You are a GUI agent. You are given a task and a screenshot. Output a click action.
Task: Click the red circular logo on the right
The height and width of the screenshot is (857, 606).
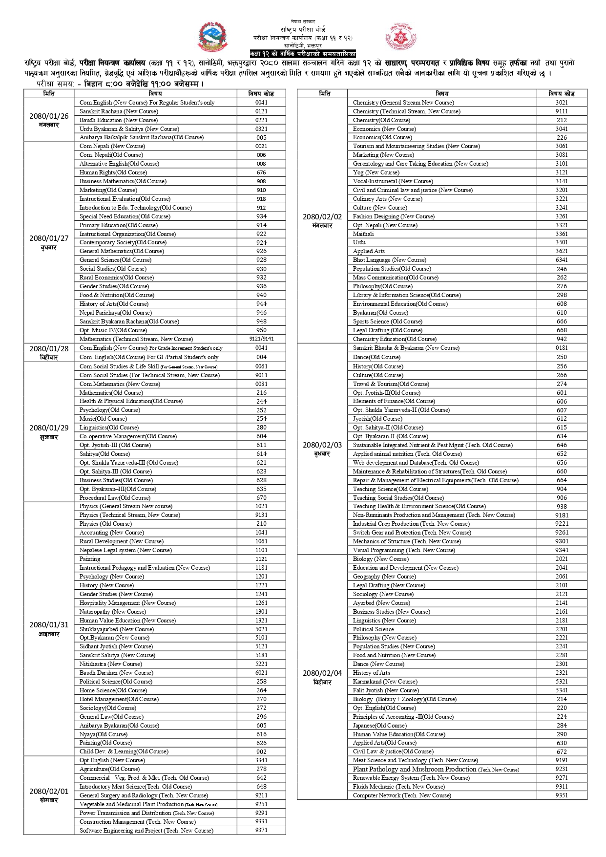[401, 37]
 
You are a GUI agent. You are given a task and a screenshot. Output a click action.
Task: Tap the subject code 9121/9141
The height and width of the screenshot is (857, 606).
[261, 339]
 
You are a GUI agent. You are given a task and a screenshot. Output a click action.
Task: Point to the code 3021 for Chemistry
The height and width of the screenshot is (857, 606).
[562, 103]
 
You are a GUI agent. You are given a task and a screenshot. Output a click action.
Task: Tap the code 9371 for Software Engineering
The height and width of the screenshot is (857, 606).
[261, 831]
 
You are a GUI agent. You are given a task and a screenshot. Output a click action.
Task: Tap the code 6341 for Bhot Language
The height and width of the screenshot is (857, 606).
[562, 260]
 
